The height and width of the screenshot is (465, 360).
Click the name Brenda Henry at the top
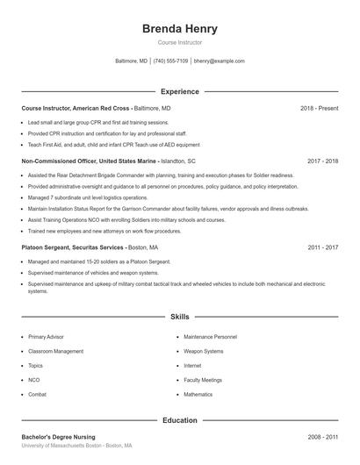tap(179, 29)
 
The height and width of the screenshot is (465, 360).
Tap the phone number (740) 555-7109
tap(170, 61)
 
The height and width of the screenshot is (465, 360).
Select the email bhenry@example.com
tap(220, 61)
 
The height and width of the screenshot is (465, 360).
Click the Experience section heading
tap(179, 91)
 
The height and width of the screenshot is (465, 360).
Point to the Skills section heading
tap(179, 316)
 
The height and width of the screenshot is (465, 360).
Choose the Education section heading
tap(179, 420)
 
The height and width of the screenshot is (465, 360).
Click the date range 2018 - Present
tap(319, 108)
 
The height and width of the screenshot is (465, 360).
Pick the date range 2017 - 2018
tap(322, 161)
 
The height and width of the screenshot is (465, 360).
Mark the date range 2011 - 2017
tap(322, 247)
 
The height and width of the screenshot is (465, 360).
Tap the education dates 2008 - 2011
tap(322, 437)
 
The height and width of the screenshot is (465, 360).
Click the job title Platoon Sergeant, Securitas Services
tap(73, 247)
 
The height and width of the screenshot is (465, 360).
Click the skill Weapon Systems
tap(204, 351)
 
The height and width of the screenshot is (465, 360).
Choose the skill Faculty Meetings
tap(203, 380)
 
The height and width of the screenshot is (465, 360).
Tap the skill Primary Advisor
tap(46, 337)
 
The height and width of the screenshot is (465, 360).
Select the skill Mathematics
tap(198, 395)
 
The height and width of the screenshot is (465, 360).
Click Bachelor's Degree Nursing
tap(58, 437)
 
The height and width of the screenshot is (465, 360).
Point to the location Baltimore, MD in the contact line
tap(132, 61)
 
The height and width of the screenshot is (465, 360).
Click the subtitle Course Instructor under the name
tap(179, 42)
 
